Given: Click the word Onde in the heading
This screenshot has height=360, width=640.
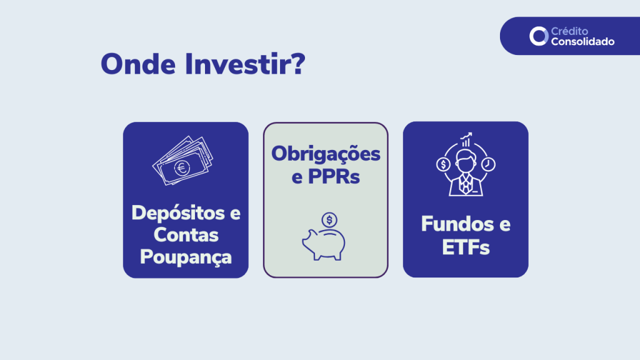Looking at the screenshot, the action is pyautogui.click(x=138, y=64).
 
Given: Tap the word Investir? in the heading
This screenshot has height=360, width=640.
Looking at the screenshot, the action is pyautogui.click(x=245, y=64).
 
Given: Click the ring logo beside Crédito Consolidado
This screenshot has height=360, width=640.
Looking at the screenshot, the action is pyautogui.click(x=539, y=36).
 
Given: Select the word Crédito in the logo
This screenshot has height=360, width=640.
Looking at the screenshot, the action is pyautogui.click(x=569, y=31).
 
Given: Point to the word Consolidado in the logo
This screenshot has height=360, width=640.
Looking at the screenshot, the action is pyautogui.click(x=582, y=42).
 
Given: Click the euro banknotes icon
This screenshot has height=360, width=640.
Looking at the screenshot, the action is pyautogui.click(x=182, y=161).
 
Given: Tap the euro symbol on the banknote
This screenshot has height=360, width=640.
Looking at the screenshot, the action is pyautogui.click(x=182, y=167).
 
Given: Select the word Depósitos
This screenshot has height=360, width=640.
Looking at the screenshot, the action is pyautogui.click(x=178, y=212).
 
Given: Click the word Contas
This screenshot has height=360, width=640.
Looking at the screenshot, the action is pyautogui.click(x=186, y=235).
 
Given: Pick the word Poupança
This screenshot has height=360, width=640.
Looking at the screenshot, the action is pyautogui.click(x=186, y=257).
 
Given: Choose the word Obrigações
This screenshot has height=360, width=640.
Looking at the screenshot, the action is pyautogui.click(x=326, y=154).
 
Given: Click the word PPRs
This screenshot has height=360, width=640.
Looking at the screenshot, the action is pyautogui.click(x=334, y=176).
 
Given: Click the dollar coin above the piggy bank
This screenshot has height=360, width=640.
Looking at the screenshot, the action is pyautogui.click(x=329, y=220).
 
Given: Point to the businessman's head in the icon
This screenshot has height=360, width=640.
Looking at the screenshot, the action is pyautogui.click(x=466, y=161).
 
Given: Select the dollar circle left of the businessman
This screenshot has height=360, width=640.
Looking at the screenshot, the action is pyautogui.click(x=443, y=164).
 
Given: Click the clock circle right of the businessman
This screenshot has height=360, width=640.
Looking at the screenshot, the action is pyautogui.click(x=488, y=164).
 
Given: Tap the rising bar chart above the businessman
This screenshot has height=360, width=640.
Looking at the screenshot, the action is pyautogui.click(x=466, y=139).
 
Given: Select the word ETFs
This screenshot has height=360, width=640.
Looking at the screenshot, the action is pyautogui.click(x=466, y=247).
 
